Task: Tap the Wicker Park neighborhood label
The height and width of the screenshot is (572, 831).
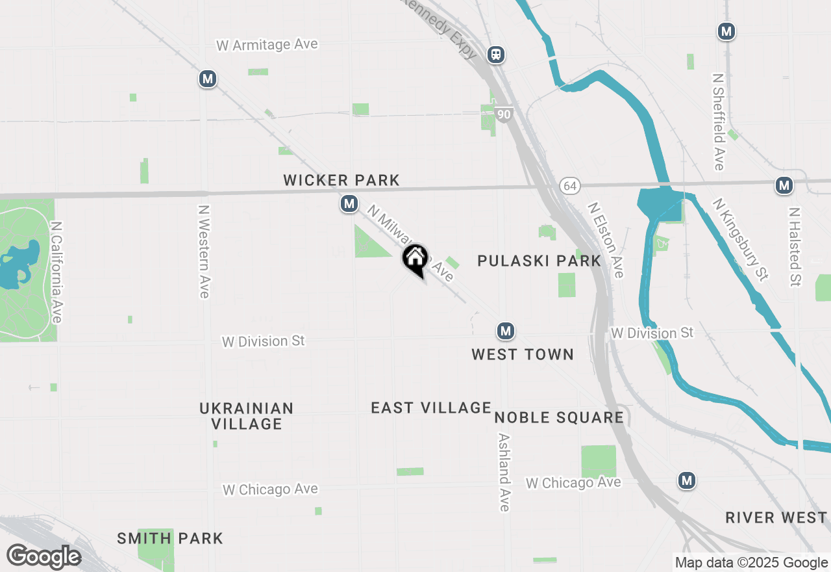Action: [x=341, y=180]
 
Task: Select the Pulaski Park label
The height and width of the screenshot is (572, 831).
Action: [x=540, y=261]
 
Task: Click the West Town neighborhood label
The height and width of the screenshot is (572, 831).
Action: [x=523, y=354]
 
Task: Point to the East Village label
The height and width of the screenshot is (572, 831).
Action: [x=431, y=408]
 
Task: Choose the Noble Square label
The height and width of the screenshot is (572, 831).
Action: [x=559, y=417]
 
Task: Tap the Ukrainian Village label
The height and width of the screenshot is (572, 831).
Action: [x=247, y=416]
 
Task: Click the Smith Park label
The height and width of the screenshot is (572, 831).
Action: [x=170, y=538]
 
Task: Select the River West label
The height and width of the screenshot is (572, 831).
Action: [x=776, y=518]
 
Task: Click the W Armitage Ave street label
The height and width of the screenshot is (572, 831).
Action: [x=267, y=45]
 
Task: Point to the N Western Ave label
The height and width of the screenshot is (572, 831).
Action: [x=205, y=252]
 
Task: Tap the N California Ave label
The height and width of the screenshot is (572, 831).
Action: [x=56, y=272]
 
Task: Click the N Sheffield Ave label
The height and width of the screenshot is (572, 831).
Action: [x=718, y=122]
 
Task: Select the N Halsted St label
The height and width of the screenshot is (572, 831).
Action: [x=794, y=247]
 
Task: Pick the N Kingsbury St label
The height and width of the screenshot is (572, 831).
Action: [x=740, y=239]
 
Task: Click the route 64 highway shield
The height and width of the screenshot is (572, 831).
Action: [x=569, y=187]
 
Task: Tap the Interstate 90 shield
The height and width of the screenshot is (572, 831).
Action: [x=504, y=115]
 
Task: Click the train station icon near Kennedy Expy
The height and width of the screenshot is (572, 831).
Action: [x=496, y=55]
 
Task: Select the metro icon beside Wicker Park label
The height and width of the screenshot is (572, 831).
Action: [x=349, y=204]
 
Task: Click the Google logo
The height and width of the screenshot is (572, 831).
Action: [x=43, y=556]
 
